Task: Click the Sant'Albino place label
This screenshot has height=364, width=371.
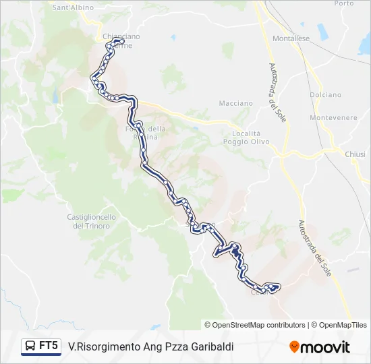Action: tap(72, 6)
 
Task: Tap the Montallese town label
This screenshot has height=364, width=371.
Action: tap(291, 38)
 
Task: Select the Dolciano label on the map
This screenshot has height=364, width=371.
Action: tap(325, 95)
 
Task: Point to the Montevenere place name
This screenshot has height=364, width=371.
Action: tap(333, 117)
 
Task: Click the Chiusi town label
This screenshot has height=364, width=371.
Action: tap(355, 154)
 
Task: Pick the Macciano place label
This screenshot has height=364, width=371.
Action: tap(236, 103)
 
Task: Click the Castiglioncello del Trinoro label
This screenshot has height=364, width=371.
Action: tap(92, 221)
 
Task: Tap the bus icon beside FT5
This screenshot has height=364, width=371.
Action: tap(30, 346)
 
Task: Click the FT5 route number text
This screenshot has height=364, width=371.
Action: tap(49, 346)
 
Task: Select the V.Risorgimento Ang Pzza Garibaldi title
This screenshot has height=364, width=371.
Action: tap(151, 346)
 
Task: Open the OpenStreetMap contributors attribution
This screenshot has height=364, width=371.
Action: tap(255, 325)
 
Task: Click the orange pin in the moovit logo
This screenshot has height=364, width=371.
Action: tap(294, 347)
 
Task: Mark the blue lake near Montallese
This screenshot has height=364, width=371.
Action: tap(321, 31)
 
